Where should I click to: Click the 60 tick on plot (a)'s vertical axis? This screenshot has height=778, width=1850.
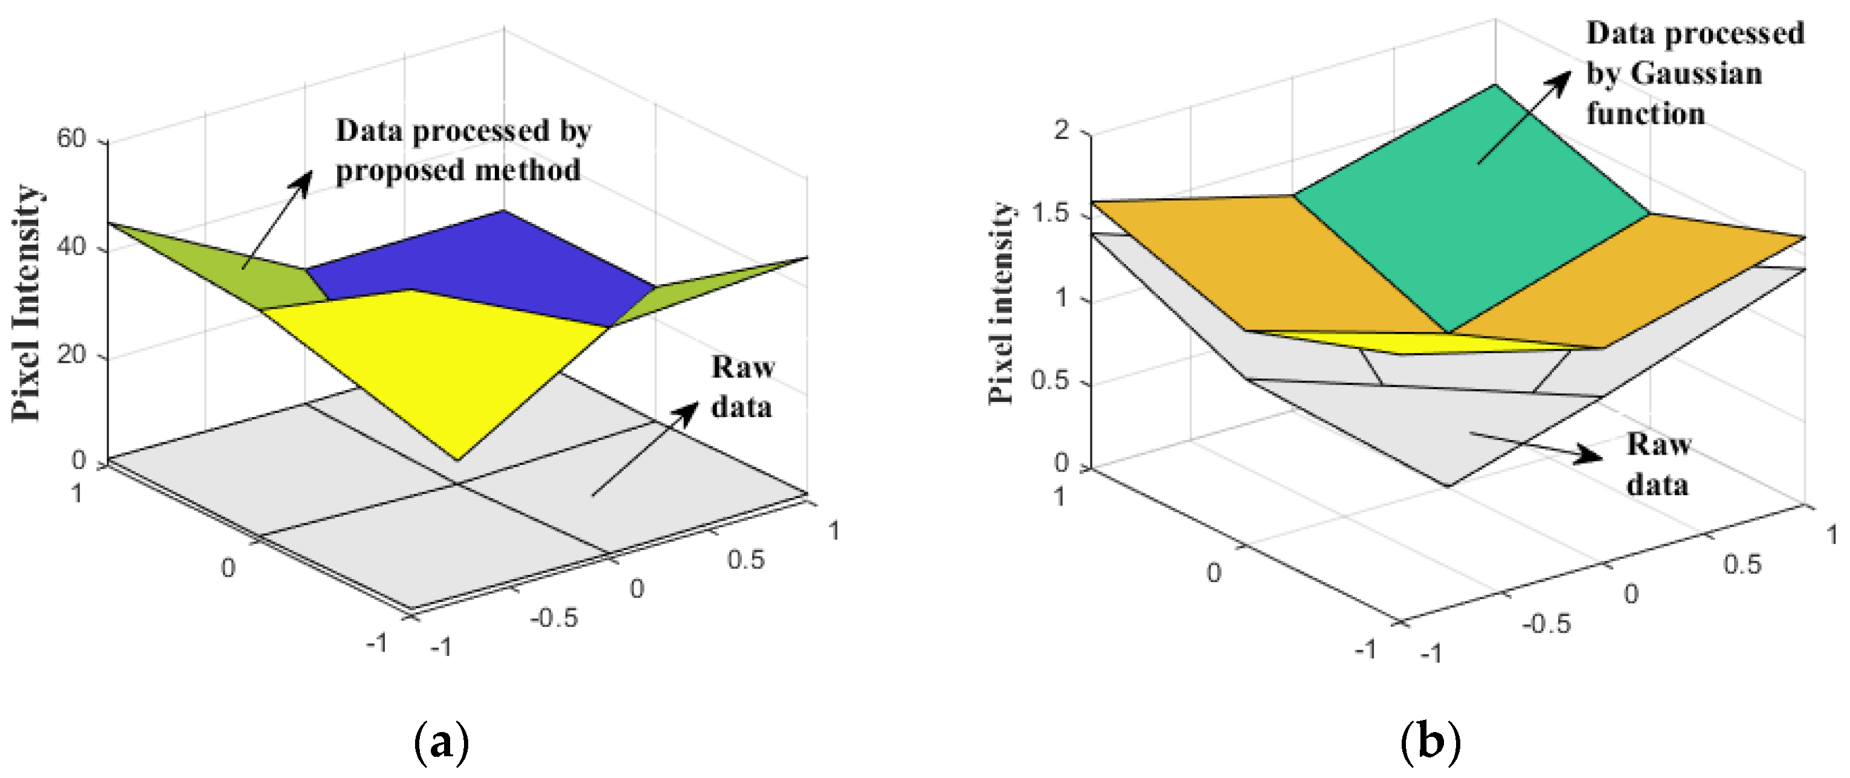71,138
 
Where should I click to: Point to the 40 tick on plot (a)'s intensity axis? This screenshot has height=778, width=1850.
71,247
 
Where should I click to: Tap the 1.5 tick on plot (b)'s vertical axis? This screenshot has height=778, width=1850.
1050,214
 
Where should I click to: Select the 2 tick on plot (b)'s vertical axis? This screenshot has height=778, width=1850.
1062,130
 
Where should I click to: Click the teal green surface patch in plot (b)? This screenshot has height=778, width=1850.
1472,216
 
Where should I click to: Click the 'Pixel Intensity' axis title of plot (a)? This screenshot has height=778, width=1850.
27,302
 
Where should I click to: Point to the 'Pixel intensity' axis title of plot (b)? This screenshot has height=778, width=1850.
1001,302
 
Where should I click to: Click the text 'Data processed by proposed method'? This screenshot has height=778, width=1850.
463,151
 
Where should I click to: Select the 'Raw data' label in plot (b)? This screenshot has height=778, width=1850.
1657,464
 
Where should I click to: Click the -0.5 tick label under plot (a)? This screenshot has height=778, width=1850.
553,618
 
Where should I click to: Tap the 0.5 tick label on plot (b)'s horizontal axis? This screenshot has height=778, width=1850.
1742,565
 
